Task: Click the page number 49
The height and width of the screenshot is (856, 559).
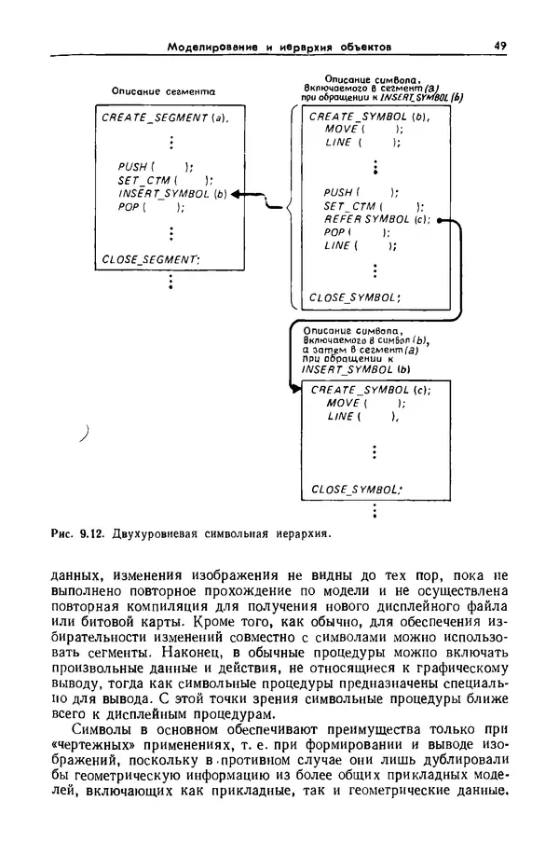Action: click(x=499, y=46)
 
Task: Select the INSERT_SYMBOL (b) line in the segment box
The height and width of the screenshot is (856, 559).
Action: click(x=173, y=194)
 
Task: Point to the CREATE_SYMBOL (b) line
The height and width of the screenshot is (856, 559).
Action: click(x=368, y=117)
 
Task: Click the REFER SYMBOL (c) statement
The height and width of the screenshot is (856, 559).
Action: click(x=376, y=219)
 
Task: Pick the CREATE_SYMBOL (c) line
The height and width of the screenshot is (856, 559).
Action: click(x=370, y=391)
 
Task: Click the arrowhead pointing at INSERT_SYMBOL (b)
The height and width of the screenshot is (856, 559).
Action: click(x=236, y=194)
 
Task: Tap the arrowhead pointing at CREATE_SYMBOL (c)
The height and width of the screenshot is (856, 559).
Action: click(x=295, y=390)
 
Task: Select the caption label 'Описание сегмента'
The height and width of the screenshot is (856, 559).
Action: click(x=163, y=91)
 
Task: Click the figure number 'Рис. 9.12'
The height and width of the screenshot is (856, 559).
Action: click(x=78, y=534)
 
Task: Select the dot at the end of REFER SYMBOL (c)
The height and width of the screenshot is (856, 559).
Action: click(x=438, y=221)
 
